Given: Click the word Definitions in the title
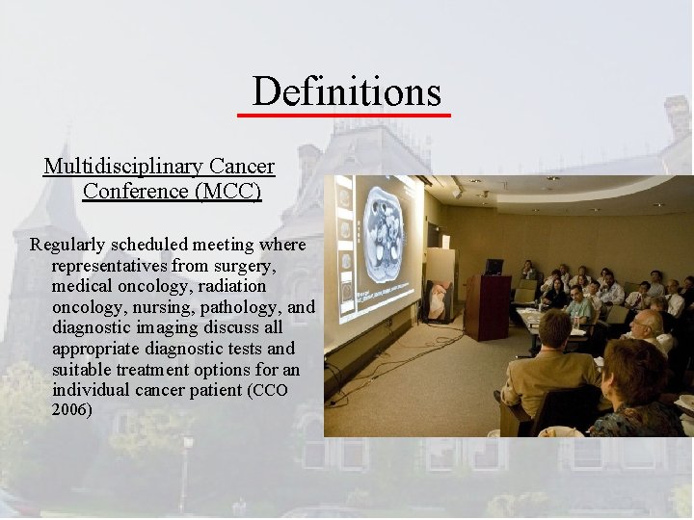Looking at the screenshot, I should coord(346,91).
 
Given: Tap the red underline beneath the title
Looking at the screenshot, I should coord(344,115).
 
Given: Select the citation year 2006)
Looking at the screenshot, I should coord(72,409).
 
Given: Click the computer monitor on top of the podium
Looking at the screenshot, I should coord(494,266).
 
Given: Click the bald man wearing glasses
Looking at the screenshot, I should coord(652,332).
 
